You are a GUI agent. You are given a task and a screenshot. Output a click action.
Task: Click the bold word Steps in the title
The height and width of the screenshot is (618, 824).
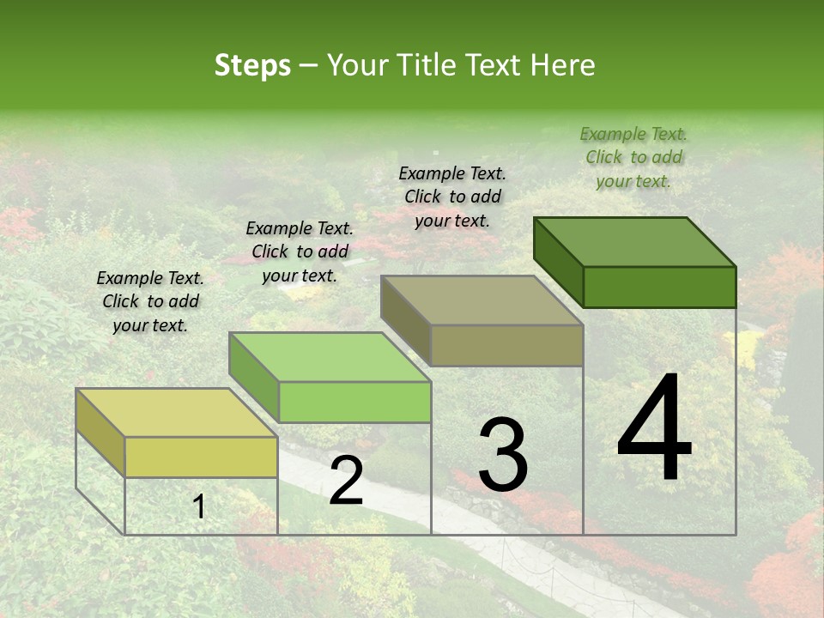pos(252,65)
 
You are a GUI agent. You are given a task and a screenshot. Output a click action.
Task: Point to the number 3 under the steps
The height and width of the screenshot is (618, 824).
pos(503,455)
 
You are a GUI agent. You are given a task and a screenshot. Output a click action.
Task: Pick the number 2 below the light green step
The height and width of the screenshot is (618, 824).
pos(346,482)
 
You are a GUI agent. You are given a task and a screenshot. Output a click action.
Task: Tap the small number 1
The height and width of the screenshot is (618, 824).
pos(199,507)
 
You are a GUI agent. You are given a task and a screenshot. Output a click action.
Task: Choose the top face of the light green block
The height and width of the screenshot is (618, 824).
pos(330,357)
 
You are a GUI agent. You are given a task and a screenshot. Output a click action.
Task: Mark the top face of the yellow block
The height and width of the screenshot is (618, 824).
pos(177,413)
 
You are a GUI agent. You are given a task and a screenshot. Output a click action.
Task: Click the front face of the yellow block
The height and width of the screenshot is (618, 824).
pos(201,457)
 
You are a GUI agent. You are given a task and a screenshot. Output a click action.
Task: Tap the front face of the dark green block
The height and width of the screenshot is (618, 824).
pos(659,287)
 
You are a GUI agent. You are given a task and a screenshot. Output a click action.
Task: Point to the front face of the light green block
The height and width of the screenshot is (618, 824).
pos(354,402)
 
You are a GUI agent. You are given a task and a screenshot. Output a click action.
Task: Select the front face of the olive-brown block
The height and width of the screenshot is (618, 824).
pos(506,345)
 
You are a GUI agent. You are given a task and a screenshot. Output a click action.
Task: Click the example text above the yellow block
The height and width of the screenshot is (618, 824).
pos(150,301)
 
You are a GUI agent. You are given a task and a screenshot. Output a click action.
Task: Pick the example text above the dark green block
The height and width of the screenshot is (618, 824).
pos(633,157)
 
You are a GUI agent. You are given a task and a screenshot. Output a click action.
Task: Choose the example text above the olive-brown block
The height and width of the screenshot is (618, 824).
pos(452,197)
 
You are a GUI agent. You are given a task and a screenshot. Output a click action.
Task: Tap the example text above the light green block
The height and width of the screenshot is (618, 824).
pos(300,251)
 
